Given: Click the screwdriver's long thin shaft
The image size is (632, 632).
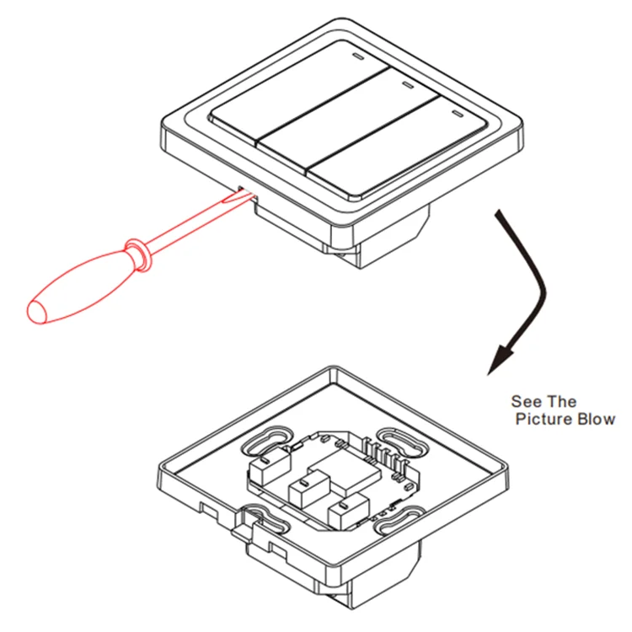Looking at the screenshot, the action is coord(186,226).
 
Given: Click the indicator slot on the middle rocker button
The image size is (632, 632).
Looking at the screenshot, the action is coord(408,85).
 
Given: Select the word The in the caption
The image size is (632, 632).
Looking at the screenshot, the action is coord(561,401).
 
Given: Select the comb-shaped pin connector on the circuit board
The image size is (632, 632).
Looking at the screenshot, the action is coord(386,457).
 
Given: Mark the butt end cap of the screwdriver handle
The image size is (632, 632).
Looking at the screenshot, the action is coord(37,311).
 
